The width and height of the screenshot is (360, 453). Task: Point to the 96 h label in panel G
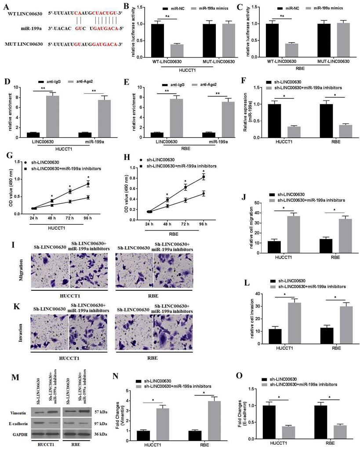pyautogui.click(x=88, y=218)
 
